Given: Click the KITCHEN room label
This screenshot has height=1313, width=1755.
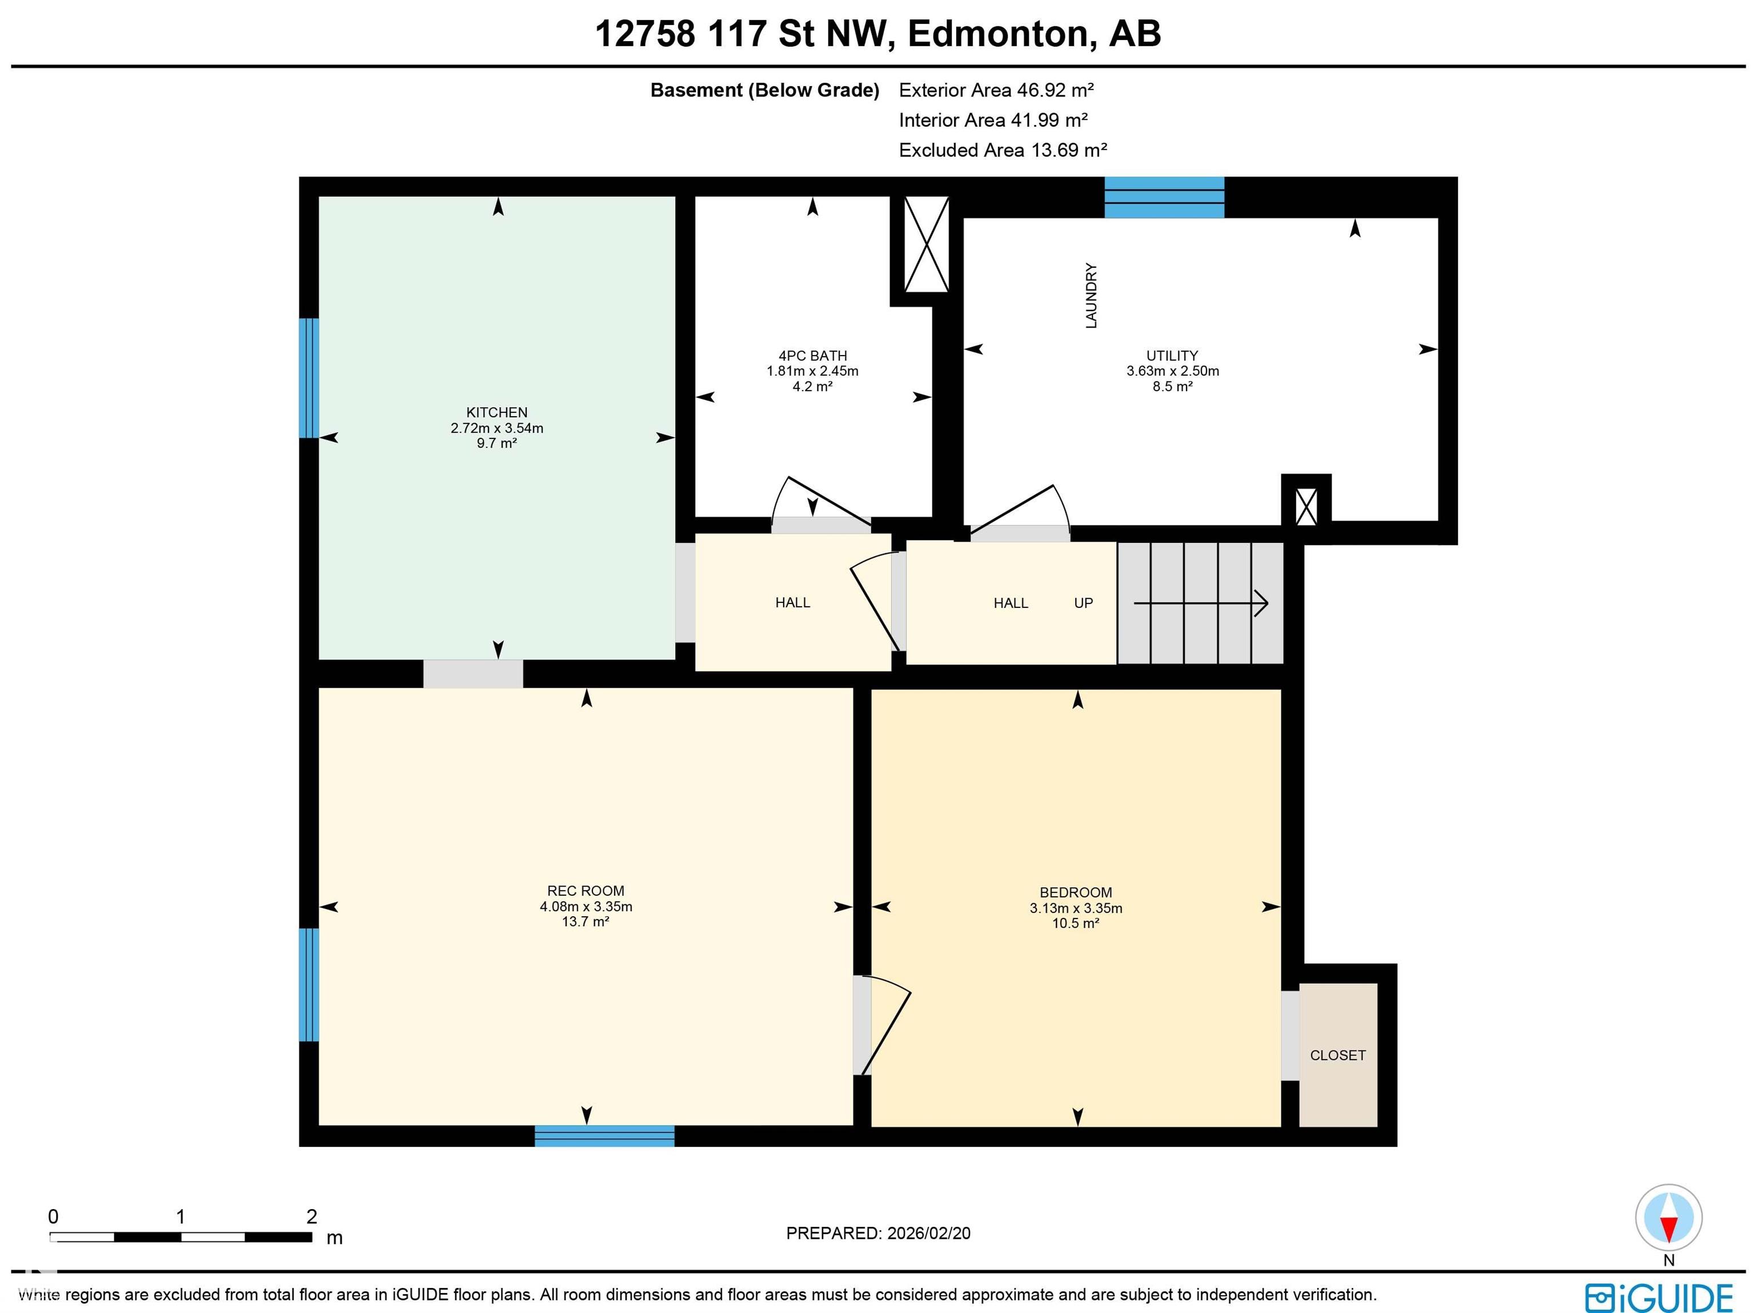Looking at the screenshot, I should pyautogui.click(x=496, y=412).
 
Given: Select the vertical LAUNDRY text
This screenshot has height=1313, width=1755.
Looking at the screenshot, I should pyautogui.click(x=1091, y=296).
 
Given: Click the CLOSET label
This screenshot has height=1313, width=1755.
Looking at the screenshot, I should pyautogui.click(x=1337, y=1056).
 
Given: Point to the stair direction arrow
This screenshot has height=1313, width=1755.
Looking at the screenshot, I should pyautogui.click(x=1200, y=603).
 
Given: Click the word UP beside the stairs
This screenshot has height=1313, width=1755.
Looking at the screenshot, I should pyautogui.click(x=1083, y=603).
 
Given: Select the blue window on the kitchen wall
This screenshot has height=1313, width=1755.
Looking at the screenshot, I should pyautogui.click(x=308, y=378).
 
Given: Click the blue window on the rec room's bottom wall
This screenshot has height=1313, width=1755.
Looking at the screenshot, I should pyautogui.click(x=604, y=1136).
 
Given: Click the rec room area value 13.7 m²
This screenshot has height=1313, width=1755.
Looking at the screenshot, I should pyautogui.click(x=586, y=922).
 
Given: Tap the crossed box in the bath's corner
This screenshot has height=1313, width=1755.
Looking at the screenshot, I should pyautogui.click(x=926, y=244).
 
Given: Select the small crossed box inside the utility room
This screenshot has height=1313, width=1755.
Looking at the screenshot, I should pyautogui.click(x=1306, y=506).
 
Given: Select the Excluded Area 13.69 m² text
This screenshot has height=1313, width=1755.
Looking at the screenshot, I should pyautogui.click(x=1002, y=150).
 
